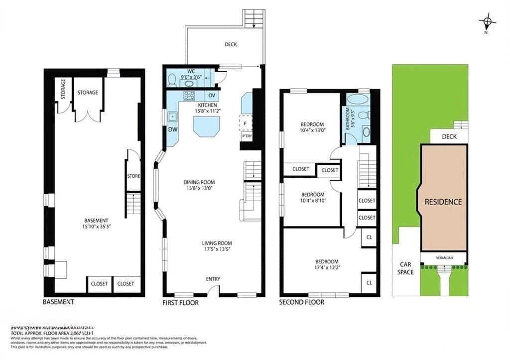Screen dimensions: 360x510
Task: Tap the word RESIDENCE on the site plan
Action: coord(443,202)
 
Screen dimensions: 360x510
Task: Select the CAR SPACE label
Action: coord(405,268)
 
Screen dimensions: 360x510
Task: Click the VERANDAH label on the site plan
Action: coord(443,258)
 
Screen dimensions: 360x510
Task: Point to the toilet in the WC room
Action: coord(172,79)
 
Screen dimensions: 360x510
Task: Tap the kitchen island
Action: coord(206,125)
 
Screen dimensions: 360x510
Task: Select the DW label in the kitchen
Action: coord(172,129)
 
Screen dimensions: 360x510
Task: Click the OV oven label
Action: coord(212,95)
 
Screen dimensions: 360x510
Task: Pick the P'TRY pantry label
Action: coord(247,136)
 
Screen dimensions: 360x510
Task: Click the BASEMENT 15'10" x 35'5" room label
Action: coord(97,224)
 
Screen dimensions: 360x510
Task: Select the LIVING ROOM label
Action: coord(216,246)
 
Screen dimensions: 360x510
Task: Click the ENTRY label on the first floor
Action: coord(213,279)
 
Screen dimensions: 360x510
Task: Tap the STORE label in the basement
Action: coord(133,176)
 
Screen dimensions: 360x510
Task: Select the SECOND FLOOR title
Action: coord(301,302)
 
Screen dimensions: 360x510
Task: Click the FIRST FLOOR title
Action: coord(180,303)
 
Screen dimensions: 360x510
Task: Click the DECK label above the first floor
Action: coord(231,44)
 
